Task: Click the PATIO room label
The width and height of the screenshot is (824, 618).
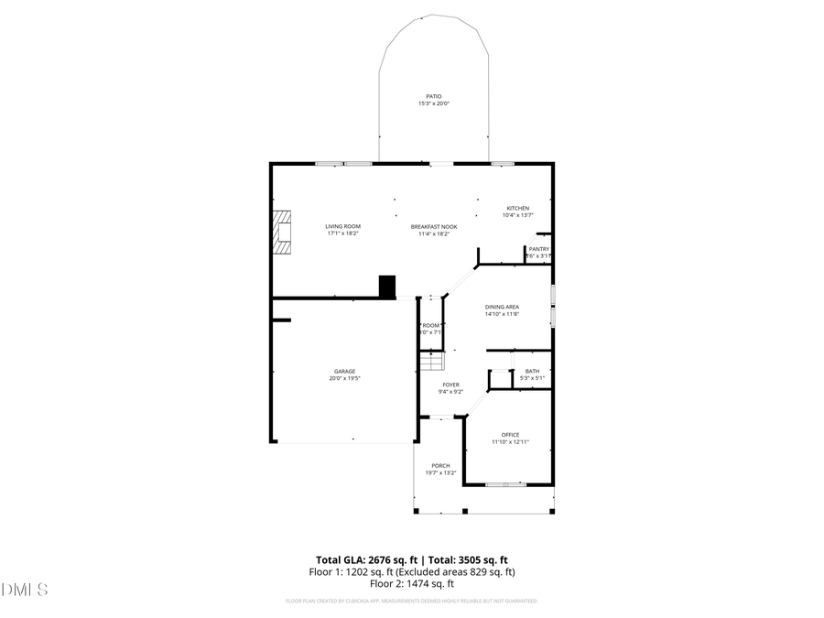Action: pos(434,96)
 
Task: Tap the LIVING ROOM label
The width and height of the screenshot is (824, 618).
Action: pos(343,226)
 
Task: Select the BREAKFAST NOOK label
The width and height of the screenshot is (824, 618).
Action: pos(434,226)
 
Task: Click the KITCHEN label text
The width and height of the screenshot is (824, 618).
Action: pos(518,208)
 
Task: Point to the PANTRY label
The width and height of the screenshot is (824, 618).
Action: pos(538,249)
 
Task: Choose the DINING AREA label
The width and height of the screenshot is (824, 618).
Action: pos(502,307)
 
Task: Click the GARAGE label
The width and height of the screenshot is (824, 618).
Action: pos(344,371)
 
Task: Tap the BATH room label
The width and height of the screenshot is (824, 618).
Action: pos(532,371)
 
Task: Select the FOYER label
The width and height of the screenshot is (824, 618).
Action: pos(451,385)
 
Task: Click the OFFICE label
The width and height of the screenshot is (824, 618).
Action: pos(510,434)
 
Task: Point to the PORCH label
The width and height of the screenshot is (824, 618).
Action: pos(440,466)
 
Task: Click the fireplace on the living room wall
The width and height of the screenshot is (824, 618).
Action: pos(283,232)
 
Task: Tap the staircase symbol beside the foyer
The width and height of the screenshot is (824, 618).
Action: pos(431,362)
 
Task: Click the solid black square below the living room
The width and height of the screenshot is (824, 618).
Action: pos(387,287)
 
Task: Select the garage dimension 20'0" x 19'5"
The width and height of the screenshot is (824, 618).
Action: pos(344,378)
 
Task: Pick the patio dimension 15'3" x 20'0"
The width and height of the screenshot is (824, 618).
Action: pos(434,103)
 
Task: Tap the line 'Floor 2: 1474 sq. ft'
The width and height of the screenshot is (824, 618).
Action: pos(412,583)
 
